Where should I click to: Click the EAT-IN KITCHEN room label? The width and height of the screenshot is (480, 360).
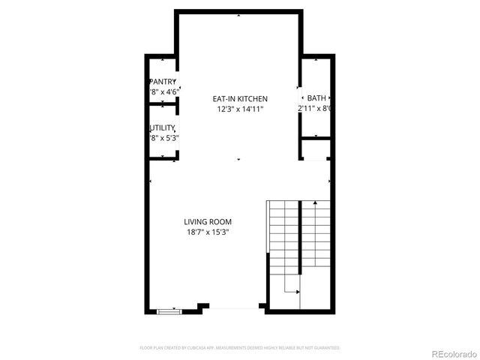click(x=240, y=98)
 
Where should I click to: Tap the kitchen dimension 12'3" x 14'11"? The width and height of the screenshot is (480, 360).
click(x=240, y=109)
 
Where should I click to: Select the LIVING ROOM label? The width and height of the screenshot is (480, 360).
click(x=208, y=221)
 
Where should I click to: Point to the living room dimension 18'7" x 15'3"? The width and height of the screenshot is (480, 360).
click(x=208, y=232)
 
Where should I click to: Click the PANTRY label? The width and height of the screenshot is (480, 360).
click(x=163, y=81)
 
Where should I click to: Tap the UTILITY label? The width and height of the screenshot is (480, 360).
click(x=163, y=127)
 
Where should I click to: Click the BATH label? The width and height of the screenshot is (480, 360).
click(x=316, y=98)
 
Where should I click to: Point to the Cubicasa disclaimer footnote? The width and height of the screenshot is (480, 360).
click(x=240, y=348)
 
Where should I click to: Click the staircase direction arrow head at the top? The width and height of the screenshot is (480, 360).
click(x=316, y=202)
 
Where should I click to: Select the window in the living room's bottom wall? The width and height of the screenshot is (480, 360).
click(x=169, y=310)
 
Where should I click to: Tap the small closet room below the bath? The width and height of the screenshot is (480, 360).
click(x=316, y=148)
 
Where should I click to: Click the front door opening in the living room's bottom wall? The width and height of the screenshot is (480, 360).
click(x=233, y=309)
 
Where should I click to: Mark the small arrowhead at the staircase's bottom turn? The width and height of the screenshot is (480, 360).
click(x=298, y=292)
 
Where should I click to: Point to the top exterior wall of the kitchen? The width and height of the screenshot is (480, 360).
click(x=238, y=13)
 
